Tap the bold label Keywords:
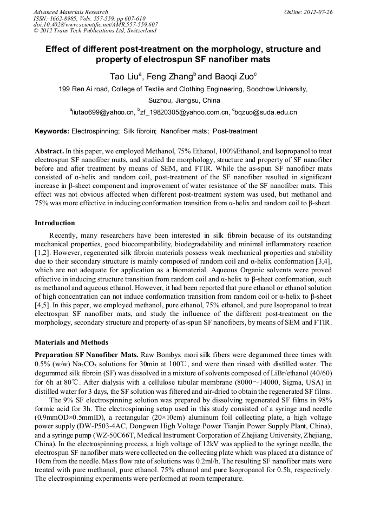point(51,131)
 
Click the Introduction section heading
point(55,223)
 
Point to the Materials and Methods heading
point(71,342)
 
